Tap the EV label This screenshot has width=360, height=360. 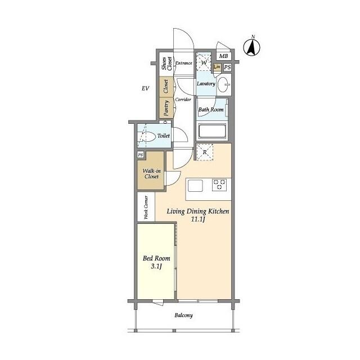click(145, 88)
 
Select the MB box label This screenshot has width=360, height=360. click(223, 56)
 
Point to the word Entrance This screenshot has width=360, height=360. click(184, 63)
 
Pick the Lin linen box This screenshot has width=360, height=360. click(217, 67)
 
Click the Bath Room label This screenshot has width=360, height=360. click(211, 110)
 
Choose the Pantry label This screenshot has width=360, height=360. click(166, 107)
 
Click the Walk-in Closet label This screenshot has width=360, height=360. click(150, 173)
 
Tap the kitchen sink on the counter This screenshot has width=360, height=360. click(196, 185)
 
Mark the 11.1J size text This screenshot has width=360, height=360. click(197, 220)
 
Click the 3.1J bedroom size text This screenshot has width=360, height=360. click(156, 267)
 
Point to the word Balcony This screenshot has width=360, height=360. click(183, 316)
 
